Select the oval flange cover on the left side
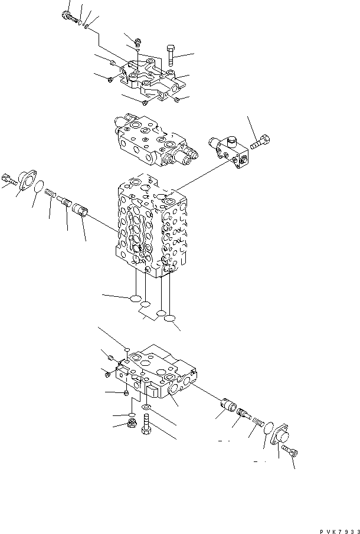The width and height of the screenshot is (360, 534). click(27, 179)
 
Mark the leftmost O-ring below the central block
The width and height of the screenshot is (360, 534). click(135, 299)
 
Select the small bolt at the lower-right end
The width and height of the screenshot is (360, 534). click(291, 451)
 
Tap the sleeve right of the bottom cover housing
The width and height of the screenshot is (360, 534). click(227, 406)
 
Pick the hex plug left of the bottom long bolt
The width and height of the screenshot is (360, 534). click(132, 424)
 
